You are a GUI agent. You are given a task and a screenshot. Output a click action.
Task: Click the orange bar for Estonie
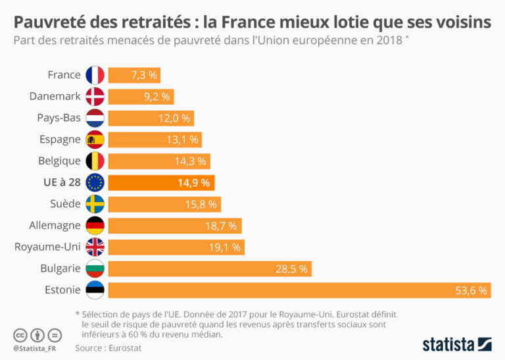pos(299,290)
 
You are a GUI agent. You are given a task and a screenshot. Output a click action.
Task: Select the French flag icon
pos(95,75)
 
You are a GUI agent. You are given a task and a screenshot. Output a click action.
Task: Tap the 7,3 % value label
pos(143,75)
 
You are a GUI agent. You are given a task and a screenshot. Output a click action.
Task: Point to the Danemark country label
pos(55,96)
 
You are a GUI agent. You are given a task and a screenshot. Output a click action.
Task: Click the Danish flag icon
pos(95,96)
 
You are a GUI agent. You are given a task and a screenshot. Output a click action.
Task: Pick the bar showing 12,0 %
pos(151,118)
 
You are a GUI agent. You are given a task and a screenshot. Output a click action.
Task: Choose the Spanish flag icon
pos(95,140)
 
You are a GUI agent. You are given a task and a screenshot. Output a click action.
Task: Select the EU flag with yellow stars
pos(95,182)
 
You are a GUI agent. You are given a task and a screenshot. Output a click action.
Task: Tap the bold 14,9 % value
pos(193,182)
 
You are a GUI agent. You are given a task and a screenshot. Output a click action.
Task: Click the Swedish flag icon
pos(95,204)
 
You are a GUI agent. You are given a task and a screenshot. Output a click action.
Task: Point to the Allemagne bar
pos(174,225)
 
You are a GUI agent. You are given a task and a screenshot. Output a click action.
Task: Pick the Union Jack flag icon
pos(95,247)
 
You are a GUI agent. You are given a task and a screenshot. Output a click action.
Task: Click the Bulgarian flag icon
pos(95,269)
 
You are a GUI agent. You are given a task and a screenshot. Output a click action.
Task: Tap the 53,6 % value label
pos(471,290)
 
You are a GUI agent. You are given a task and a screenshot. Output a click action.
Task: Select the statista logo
pos(456,344)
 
